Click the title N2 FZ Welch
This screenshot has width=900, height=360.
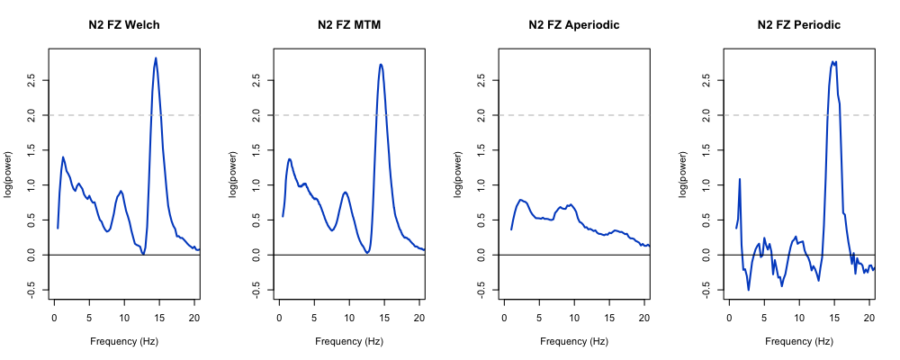(x=124, y=25)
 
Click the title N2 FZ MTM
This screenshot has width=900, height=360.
(x=349, y=25)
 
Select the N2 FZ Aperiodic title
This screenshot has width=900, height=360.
(x=574, y=25)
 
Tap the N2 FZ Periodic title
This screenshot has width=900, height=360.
(x=799, y=25)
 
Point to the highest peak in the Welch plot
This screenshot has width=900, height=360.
(x=156, y=58)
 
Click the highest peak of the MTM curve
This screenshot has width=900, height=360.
(x=381, y=64)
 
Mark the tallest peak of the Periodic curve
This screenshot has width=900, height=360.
(x=833, y=61)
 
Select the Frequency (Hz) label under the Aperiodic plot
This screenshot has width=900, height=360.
(x=574, y=342)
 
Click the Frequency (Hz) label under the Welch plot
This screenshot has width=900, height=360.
(x=124, y=342)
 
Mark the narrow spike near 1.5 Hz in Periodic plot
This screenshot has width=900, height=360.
(x=740, y=179)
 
